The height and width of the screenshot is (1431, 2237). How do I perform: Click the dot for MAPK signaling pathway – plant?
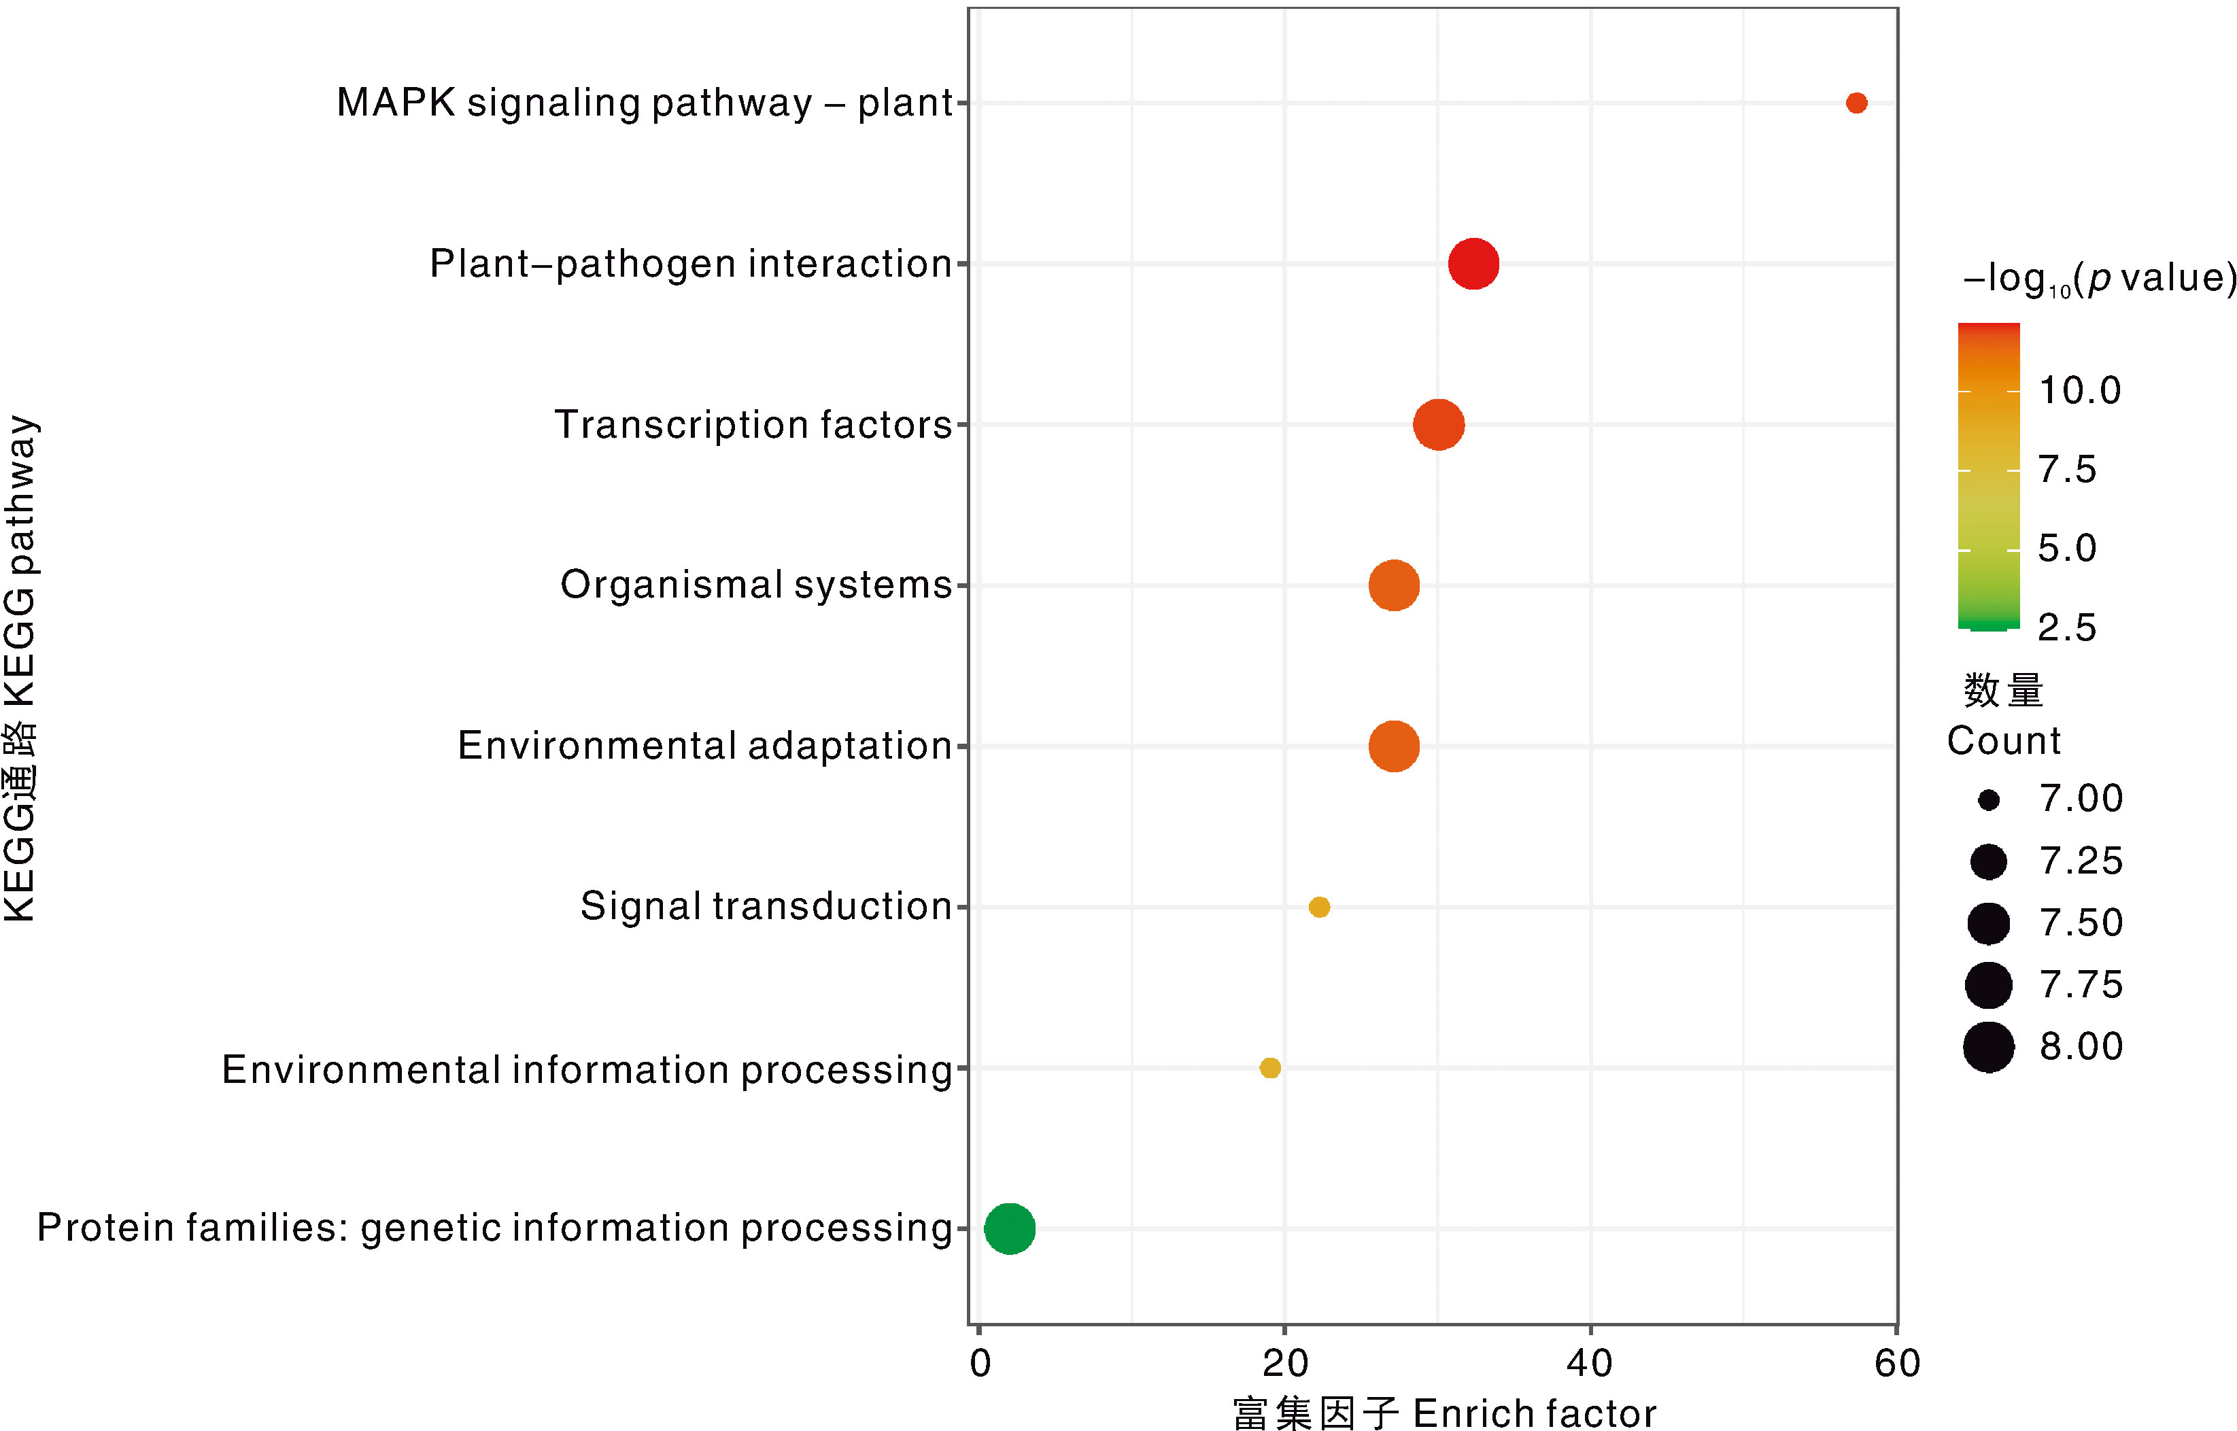[x=1856, y=103]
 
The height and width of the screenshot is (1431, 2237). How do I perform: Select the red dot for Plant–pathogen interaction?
[x=1473, y=264]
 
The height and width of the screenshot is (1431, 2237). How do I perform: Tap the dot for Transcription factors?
[x=1439, y=425]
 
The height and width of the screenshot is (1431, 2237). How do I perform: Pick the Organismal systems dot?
[x=1394, y=585]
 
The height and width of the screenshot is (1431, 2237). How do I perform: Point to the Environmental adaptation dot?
[x=1394, y=746]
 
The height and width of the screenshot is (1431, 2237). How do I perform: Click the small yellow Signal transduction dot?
[x=1319, y=907]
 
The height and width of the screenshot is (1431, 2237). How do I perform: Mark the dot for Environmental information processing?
[x=1269, y=1068]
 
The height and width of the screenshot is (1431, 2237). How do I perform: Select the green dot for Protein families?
[x=1009, y=1228]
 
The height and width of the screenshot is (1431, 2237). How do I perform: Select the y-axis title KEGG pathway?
[x=20, y=669]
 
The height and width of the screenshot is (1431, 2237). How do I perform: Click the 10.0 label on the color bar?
[x=2079, y=391]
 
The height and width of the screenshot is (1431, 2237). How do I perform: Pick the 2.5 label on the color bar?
[x=2067, y=628]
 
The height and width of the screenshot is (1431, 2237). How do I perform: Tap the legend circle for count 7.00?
[x=1988, y=800]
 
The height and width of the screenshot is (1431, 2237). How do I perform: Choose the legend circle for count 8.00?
[x=1988, y=1047]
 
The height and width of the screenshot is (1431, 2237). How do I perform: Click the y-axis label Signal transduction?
[x=766, y=907]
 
